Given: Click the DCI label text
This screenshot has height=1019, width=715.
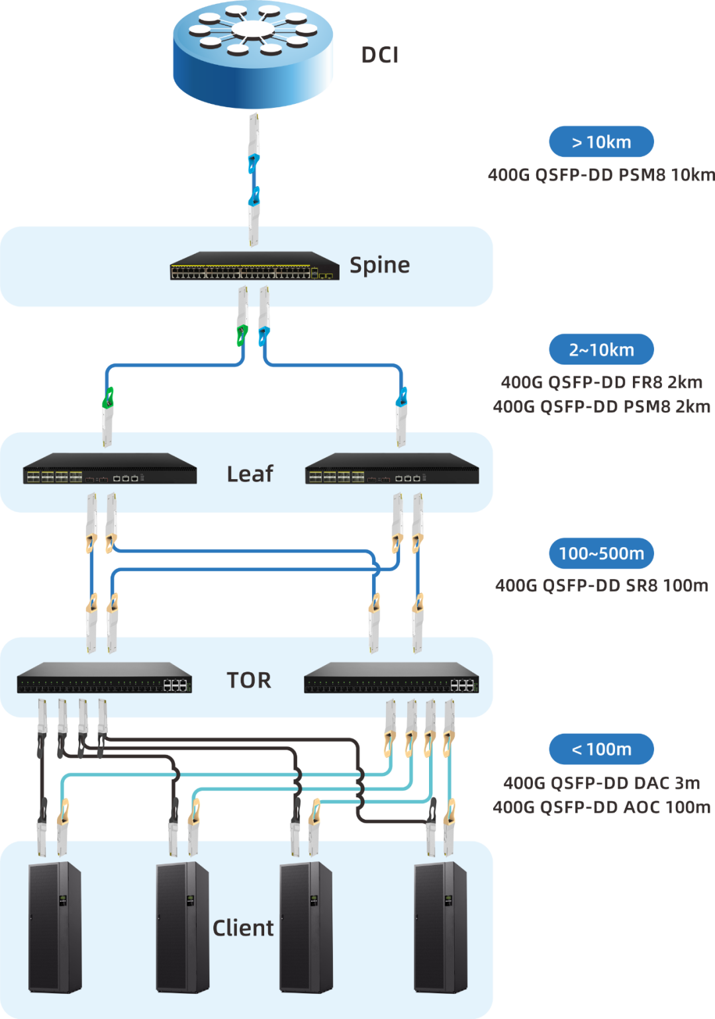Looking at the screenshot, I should pos(379,55).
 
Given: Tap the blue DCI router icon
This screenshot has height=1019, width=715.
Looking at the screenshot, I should pos(253,54).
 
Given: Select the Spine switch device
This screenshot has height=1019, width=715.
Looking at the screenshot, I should pos(254,265).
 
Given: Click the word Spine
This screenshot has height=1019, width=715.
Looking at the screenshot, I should pos(379,265).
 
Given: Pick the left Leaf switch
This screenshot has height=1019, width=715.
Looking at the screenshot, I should pos(110,468).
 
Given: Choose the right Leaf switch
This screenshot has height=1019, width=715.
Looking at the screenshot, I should pos(392,468).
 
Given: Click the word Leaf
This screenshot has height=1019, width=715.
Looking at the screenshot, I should pos(250,474).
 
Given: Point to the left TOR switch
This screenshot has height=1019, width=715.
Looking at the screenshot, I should pos(105,678).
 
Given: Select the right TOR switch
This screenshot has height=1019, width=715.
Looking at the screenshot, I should pos(391,678).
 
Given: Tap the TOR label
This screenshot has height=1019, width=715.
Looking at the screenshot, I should pos(249,680).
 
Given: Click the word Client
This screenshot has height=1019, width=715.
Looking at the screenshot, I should pos(243,928).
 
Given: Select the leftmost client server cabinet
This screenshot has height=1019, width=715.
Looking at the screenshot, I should pos(55,926).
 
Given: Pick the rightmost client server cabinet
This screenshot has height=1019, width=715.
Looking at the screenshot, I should pos(440,926).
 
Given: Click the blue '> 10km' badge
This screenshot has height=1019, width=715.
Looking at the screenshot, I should pos(601,142).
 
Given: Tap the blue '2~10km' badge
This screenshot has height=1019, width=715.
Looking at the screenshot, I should pos(601,349).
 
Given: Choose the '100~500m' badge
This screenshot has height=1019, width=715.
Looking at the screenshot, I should pos(601,553).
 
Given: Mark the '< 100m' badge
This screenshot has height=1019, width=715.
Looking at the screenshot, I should pos(601,749).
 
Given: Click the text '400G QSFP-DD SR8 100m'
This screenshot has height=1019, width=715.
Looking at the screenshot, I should pos(601,586).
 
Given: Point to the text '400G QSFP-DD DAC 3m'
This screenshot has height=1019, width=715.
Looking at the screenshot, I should pos(601,783).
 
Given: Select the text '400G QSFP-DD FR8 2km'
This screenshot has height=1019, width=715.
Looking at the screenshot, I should pos(601,382).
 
